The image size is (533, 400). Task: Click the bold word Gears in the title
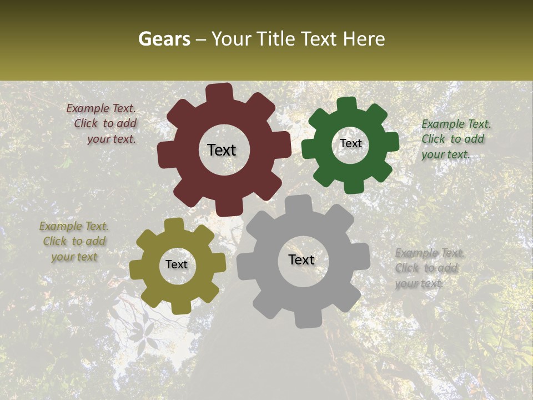tap(164, 39)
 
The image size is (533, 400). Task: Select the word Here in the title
tap(363, 39)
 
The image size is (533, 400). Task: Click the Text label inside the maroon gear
tap(222, 150)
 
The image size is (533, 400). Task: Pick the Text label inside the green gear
tap(350, 143)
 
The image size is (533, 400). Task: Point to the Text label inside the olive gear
tap(177, 264)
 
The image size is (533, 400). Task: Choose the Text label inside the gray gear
tap(301, 259)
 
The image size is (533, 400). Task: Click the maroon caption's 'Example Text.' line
tap(101, 109)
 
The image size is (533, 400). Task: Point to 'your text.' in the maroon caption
tap(112, 139)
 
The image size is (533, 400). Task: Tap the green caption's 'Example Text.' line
tap(456, 124)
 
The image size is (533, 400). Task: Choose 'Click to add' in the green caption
tap(452, 139)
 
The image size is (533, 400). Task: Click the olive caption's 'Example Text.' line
tap(74, 226)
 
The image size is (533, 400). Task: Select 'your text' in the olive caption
tap(74, 257)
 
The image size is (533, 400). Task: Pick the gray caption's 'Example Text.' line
tap(430, 253)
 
